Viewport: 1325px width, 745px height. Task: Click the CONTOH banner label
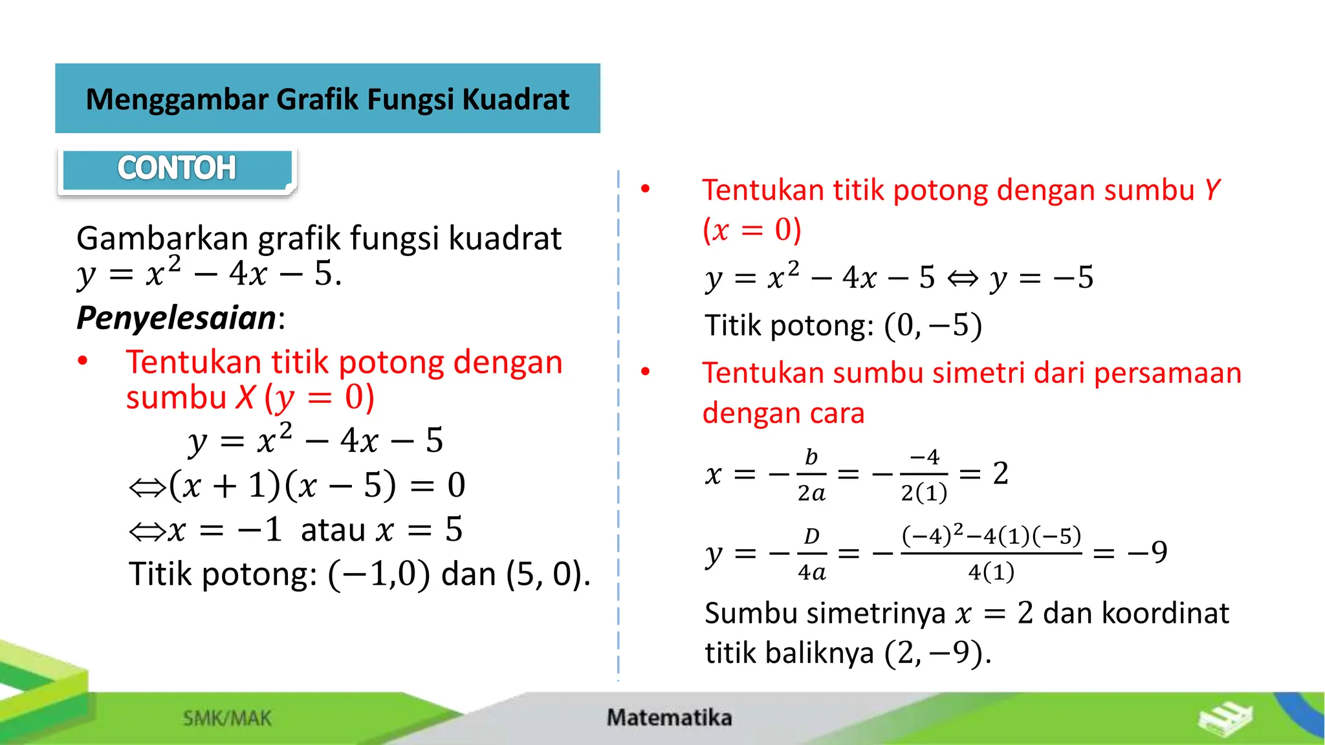pyautogui.click(x=177, y=168)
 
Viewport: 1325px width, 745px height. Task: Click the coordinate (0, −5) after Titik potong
pyautogui.click(x=933, y=325)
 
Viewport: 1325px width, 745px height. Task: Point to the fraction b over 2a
pyautogui.click(x=811, y=475)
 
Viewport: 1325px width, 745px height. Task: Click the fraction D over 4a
pyautogui.click(x=811, y=554)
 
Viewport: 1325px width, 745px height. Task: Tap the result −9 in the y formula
pyautogui.click(x=1147, y=552)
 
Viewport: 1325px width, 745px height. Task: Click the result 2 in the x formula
pyautogui.click(x=1000, y=473)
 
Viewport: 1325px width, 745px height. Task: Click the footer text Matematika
pyautogui.click(x=669, y=717)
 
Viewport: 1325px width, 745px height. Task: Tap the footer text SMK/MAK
pyautogui.click(x=227, y=718)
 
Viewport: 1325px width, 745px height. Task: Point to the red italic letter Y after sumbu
pyautogui.click(x=1212, y=190)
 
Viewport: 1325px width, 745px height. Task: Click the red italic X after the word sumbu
pyautogui.click(x=245, y=397)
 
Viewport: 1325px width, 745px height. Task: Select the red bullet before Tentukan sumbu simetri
pyautogui.click(x=645, y=372)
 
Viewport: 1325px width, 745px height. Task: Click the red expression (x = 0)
pyautogui.click(x=752, y=230)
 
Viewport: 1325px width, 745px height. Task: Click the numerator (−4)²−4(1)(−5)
pyautogui.click(x=991, y=536)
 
